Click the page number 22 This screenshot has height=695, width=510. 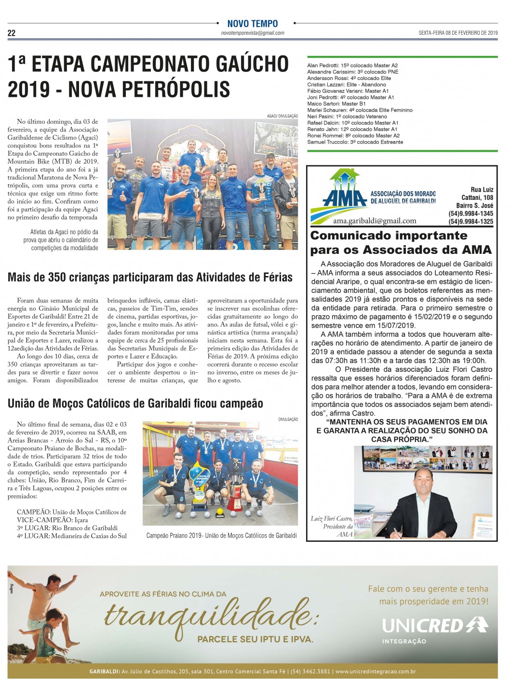click(12, 33)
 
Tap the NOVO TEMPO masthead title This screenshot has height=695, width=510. click(253, 24)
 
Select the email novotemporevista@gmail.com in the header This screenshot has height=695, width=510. click(253, 33)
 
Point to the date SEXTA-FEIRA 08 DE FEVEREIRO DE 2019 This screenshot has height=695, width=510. click(458, 33)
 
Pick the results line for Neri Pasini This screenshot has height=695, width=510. click(347, 117)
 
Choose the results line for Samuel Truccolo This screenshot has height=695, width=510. click(355, 142)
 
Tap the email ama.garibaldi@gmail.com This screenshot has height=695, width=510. click(375, 221)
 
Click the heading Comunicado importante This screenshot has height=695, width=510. click(389, 236)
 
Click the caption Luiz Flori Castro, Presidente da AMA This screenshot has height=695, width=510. click(332, 526)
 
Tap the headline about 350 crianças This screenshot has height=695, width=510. click(150, 277)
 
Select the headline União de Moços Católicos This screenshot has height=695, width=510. click(135, 404)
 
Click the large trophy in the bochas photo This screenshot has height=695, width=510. click(235, 486)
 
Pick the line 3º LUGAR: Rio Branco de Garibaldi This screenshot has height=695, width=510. click(67, 528)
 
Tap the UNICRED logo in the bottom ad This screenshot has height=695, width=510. click(434, 626)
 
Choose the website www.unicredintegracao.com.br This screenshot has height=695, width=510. click(376, 671)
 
